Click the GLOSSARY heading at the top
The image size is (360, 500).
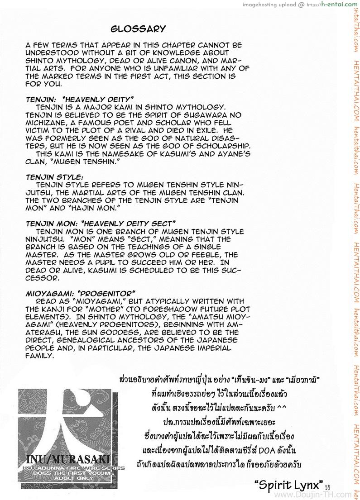[139, 29]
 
